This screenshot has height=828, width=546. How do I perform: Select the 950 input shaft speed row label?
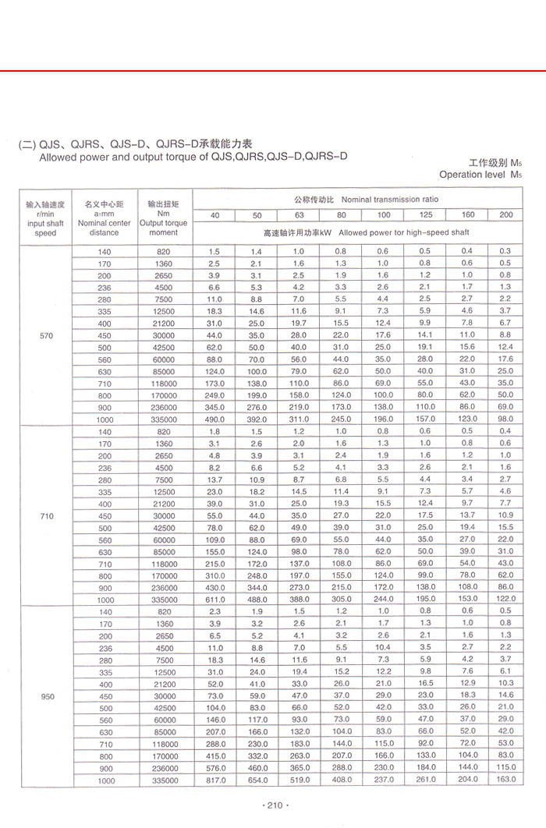coord(45,695)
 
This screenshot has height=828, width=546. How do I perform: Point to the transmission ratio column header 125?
coord(424,215)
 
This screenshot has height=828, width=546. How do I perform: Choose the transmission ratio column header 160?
coord(467,215)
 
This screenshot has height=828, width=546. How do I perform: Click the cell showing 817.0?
coord(214,780)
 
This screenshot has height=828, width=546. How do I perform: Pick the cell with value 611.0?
coord(214,600)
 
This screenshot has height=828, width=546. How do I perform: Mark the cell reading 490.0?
coord(214,419)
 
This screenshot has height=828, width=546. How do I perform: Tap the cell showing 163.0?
coord(505,780)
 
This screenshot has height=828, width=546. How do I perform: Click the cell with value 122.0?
coord(505,600)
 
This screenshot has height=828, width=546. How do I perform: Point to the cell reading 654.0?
coord(257,780)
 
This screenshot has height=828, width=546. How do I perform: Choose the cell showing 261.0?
coord(424,780)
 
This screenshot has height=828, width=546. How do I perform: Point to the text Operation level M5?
coord(479,175)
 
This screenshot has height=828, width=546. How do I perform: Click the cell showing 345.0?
coord(214,408)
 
